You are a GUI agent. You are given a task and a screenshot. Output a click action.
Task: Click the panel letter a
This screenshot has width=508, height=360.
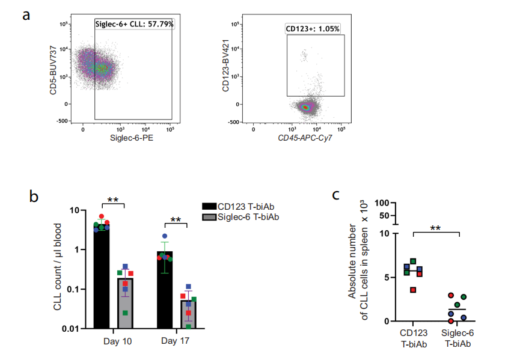point(26,14)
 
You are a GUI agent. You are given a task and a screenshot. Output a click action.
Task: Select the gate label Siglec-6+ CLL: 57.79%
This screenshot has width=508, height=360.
point(133,23)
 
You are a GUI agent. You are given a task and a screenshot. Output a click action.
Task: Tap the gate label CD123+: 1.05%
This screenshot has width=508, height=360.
point(312,28)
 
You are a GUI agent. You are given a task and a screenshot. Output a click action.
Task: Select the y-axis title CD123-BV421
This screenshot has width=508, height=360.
point(225,71)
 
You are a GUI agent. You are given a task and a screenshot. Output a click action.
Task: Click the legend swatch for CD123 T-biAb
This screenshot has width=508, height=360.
point(212,206)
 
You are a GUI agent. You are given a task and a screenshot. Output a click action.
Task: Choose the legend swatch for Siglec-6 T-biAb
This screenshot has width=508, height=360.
point(212,216)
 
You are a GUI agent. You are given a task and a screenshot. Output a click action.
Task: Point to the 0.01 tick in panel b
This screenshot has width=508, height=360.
point(70,328)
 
